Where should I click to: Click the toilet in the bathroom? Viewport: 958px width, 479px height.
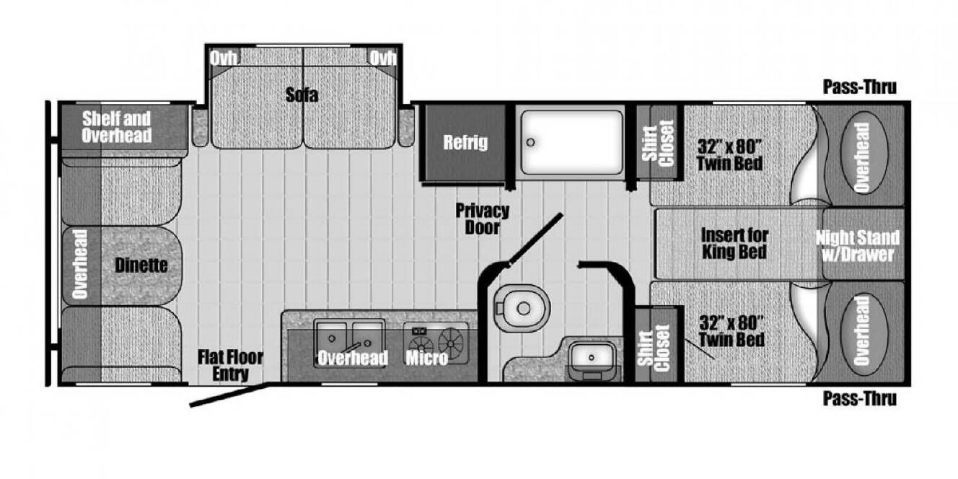[521, 308]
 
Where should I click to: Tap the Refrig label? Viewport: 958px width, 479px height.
[465, 142]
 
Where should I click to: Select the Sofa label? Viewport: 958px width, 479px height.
[302, 95]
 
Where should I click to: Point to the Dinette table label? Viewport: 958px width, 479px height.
[141, 265]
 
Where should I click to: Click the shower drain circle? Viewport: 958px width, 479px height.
[531, 142]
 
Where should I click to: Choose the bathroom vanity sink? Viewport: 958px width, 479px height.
[592, 357]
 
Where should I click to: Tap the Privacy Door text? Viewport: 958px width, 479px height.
[483, 219]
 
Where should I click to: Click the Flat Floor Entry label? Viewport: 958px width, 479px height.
[230, 366]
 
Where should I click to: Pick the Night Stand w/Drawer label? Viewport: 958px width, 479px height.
[858, 246]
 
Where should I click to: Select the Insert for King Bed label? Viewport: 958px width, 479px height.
[734, 243]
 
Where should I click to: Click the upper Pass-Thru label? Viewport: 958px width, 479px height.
[860, 87]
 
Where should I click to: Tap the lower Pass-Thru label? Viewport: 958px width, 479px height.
[860, 399]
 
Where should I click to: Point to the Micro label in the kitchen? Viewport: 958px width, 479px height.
[427, 358]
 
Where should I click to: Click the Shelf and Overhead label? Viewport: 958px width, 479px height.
[116, 127]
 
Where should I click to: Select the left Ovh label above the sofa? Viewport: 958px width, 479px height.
[223, 58]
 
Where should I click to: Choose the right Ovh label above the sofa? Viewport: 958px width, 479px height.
[383, 58]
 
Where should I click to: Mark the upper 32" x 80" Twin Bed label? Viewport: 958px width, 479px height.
[729, 155]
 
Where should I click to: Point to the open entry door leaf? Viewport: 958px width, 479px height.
[229, 395]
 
